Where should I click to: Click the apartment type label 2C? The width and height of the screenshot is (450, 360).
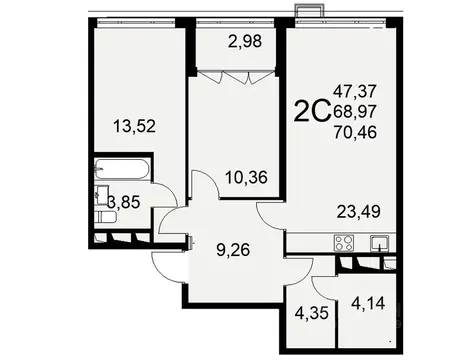pos(311,111)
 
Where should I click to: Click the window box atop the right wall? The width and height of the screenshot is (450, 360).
pos(309,10)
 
